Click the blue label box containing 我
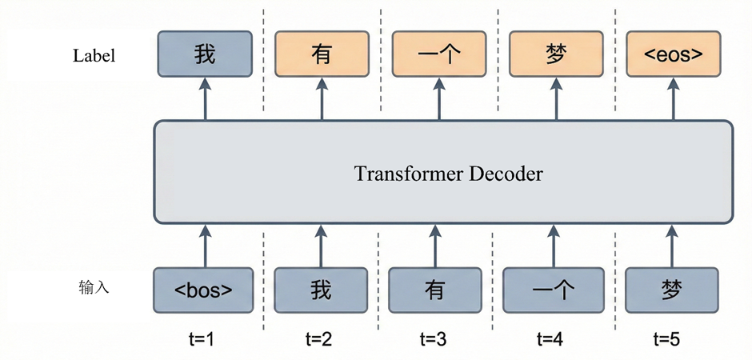[205, 54]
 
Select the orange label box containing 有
[321, 54]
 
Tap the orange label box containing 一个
[438, 54]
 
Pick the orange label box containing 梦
[556, 54]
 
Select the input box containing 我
[320, 289]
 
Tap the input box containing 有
[435, 289]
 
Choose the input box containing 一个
[551, 289]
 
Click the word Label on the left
[94, 56]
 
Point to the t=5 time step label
[666, 339]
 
